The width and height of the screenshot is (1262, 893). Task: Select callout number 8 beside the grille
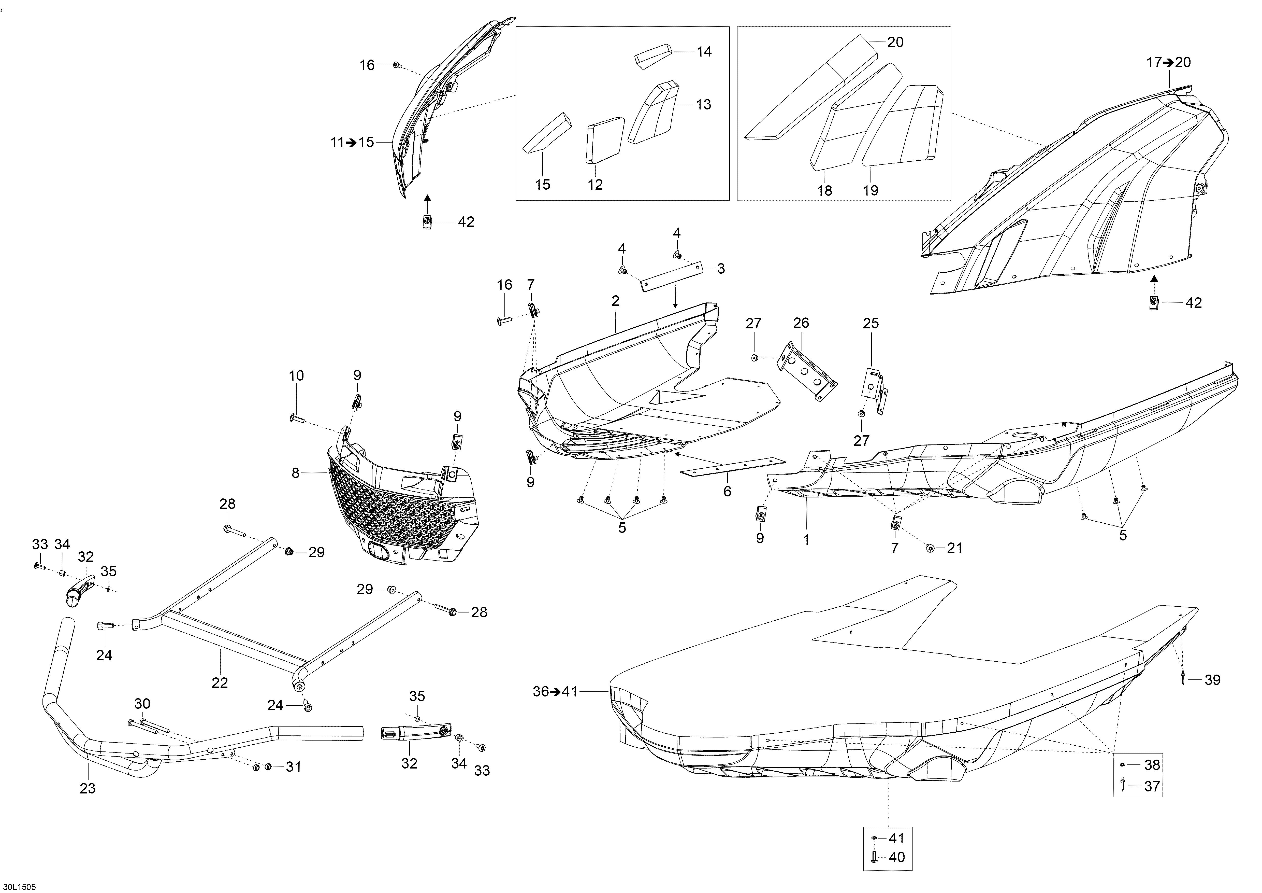[x=296, y=472]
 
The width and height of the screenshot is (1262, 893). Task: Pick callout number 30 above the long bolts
[x=142, y=704]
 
